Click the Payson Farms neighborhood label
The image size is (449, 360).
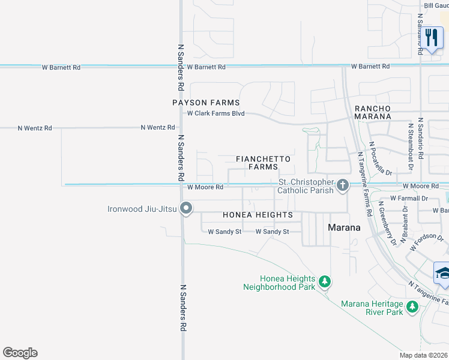pos(206,103)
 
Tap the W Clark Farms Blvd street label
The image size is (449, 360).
pos(215,113)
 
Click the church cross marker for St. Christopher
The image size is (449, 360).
pos(343,185)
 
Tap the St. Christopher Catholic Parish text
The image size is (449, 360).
pos(305,187)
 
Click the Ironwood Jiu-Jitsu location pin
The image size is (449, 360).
pos(186,209)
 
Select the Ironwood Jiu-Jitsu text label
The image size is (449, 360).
pos(142,209)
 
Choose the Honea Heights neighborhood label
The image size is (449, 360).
pos(258,215)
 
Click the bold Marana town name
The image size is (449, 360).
pos(344,227)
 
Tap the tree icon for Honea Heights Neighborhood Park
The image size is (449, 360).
pos(325,281)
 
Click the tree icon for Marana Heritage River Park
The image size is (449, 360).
pos(412,307)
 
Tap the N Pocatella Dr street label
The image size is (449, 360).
pos(381,158)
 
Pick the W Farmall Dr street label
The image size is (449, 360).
pos(408,197)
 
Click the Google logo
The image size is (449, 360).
pos(20,353)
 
